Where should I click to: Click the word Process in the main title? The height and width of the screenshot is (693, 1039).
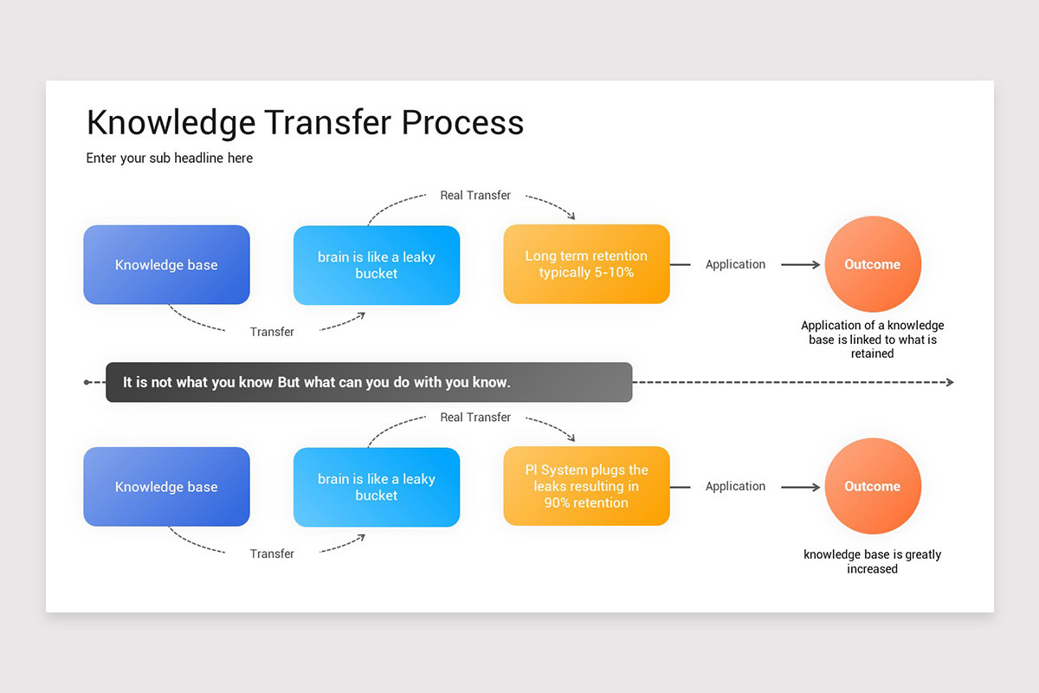click(x=462, y=123)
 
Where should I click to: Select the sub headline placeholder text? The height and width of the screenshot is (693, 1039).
click(x=170, y=159)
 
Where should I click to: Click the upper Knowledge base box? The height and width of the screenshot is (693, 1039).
click(x=166, y=265)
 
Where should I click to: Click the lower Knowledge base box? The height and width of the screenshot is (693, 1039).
click(x=166, y=487)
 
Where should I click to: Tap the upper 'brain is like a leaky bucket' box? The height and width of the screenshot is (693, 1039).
click(x=377, y=265)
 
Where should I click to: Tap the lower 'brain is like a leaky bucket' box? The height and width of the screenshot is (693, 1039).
click(x=377, y=487)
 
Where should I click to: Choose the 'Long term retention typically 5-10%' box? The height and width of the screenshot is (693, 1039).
click(x=586, y=264)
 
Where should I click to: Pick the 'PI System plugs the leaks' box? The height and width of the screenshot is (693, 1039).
click(x=586, y=486)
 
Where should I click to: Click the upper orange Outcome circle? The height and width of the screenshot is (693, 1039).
click(x=872, y=264)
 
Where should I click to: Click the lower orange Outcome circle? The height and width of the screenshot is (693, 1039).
click(x=872, y=486)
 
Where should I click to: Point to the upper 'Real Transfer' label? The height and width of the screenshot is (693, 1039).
click(x=475, y=196)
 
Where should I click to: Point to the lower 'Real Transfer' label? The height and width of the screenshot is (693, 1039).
click(x=475, y=418)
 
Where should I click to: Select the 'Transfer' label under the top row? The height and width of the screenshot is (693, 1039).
click(x=272, y=332)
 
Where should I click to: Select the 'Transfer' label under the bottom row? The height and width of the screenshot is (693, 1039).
click(x=272, y=554)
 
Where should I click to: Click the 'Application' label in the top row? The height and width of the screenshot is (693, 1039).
click(x=735, y=265)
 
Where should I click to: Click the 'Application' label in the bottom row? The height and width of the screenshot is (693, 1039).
click(x=735, y=487)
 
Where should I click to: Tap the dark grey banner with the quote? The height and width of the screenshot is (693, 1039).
click(x=369, y=382)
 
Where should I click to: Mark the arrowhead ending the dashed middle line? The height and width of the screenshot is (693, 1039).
click(x=949, y=382)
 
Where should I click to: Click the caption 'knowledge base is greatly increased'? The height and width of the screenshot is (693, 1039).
click(x=872, y=561)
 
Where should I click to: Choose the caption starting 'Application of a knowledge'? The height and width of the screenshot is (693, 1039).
click(x=872, y=340)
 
